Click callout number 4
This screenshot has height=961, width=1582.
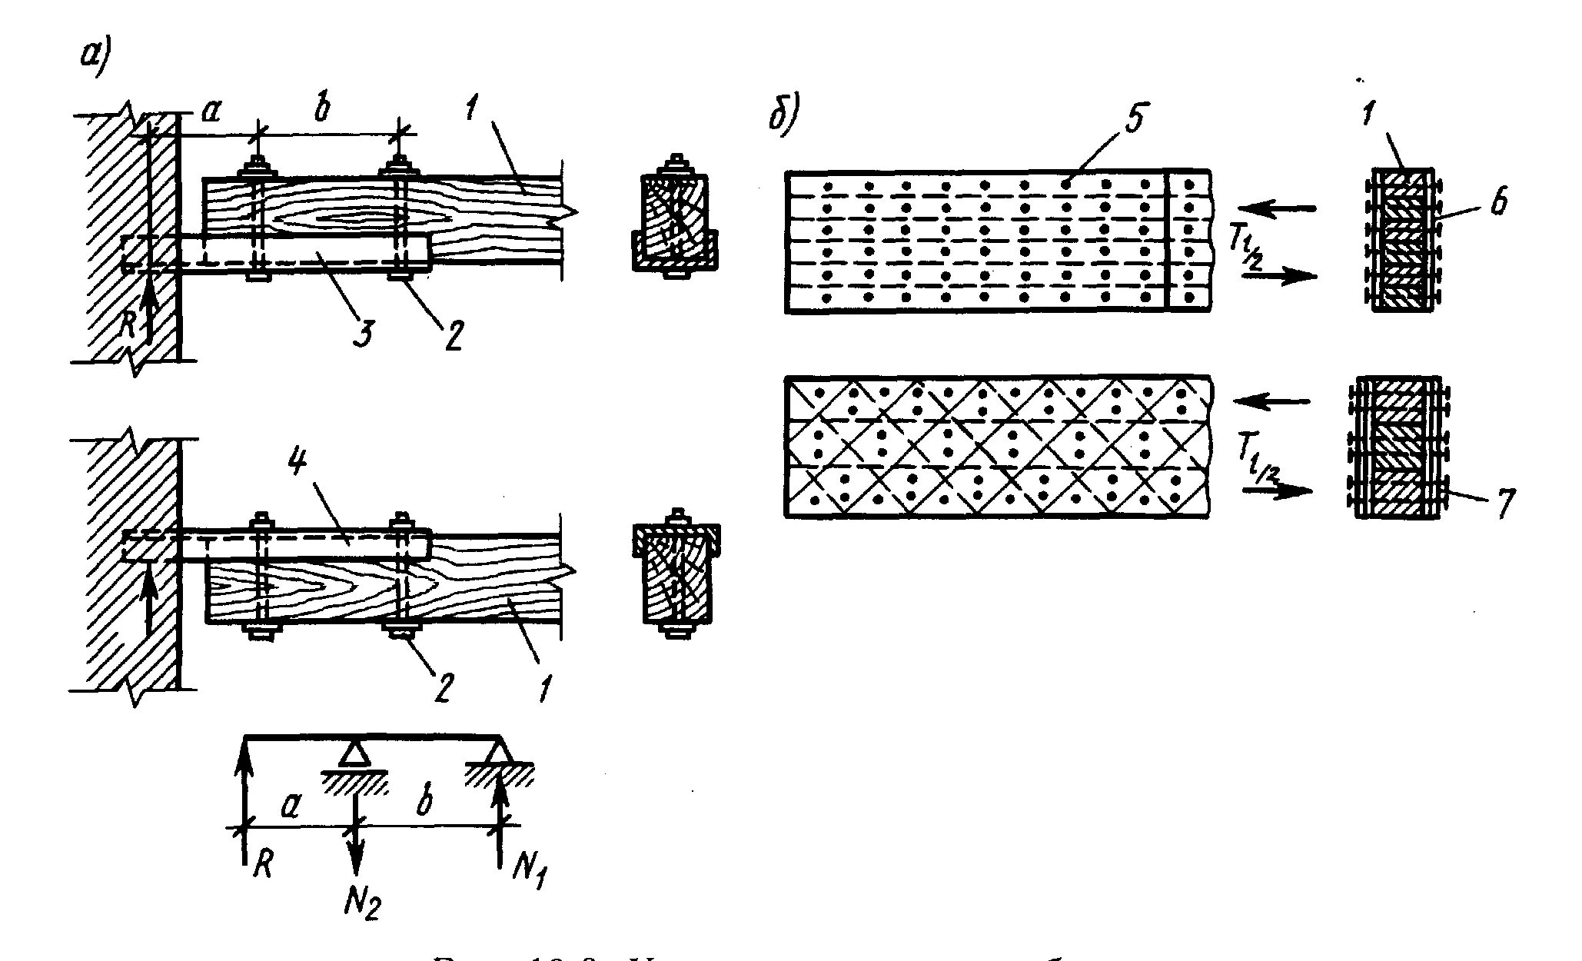click(298, 464)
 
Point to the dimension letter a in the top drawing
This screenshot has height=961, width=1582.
click(211, 113)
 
